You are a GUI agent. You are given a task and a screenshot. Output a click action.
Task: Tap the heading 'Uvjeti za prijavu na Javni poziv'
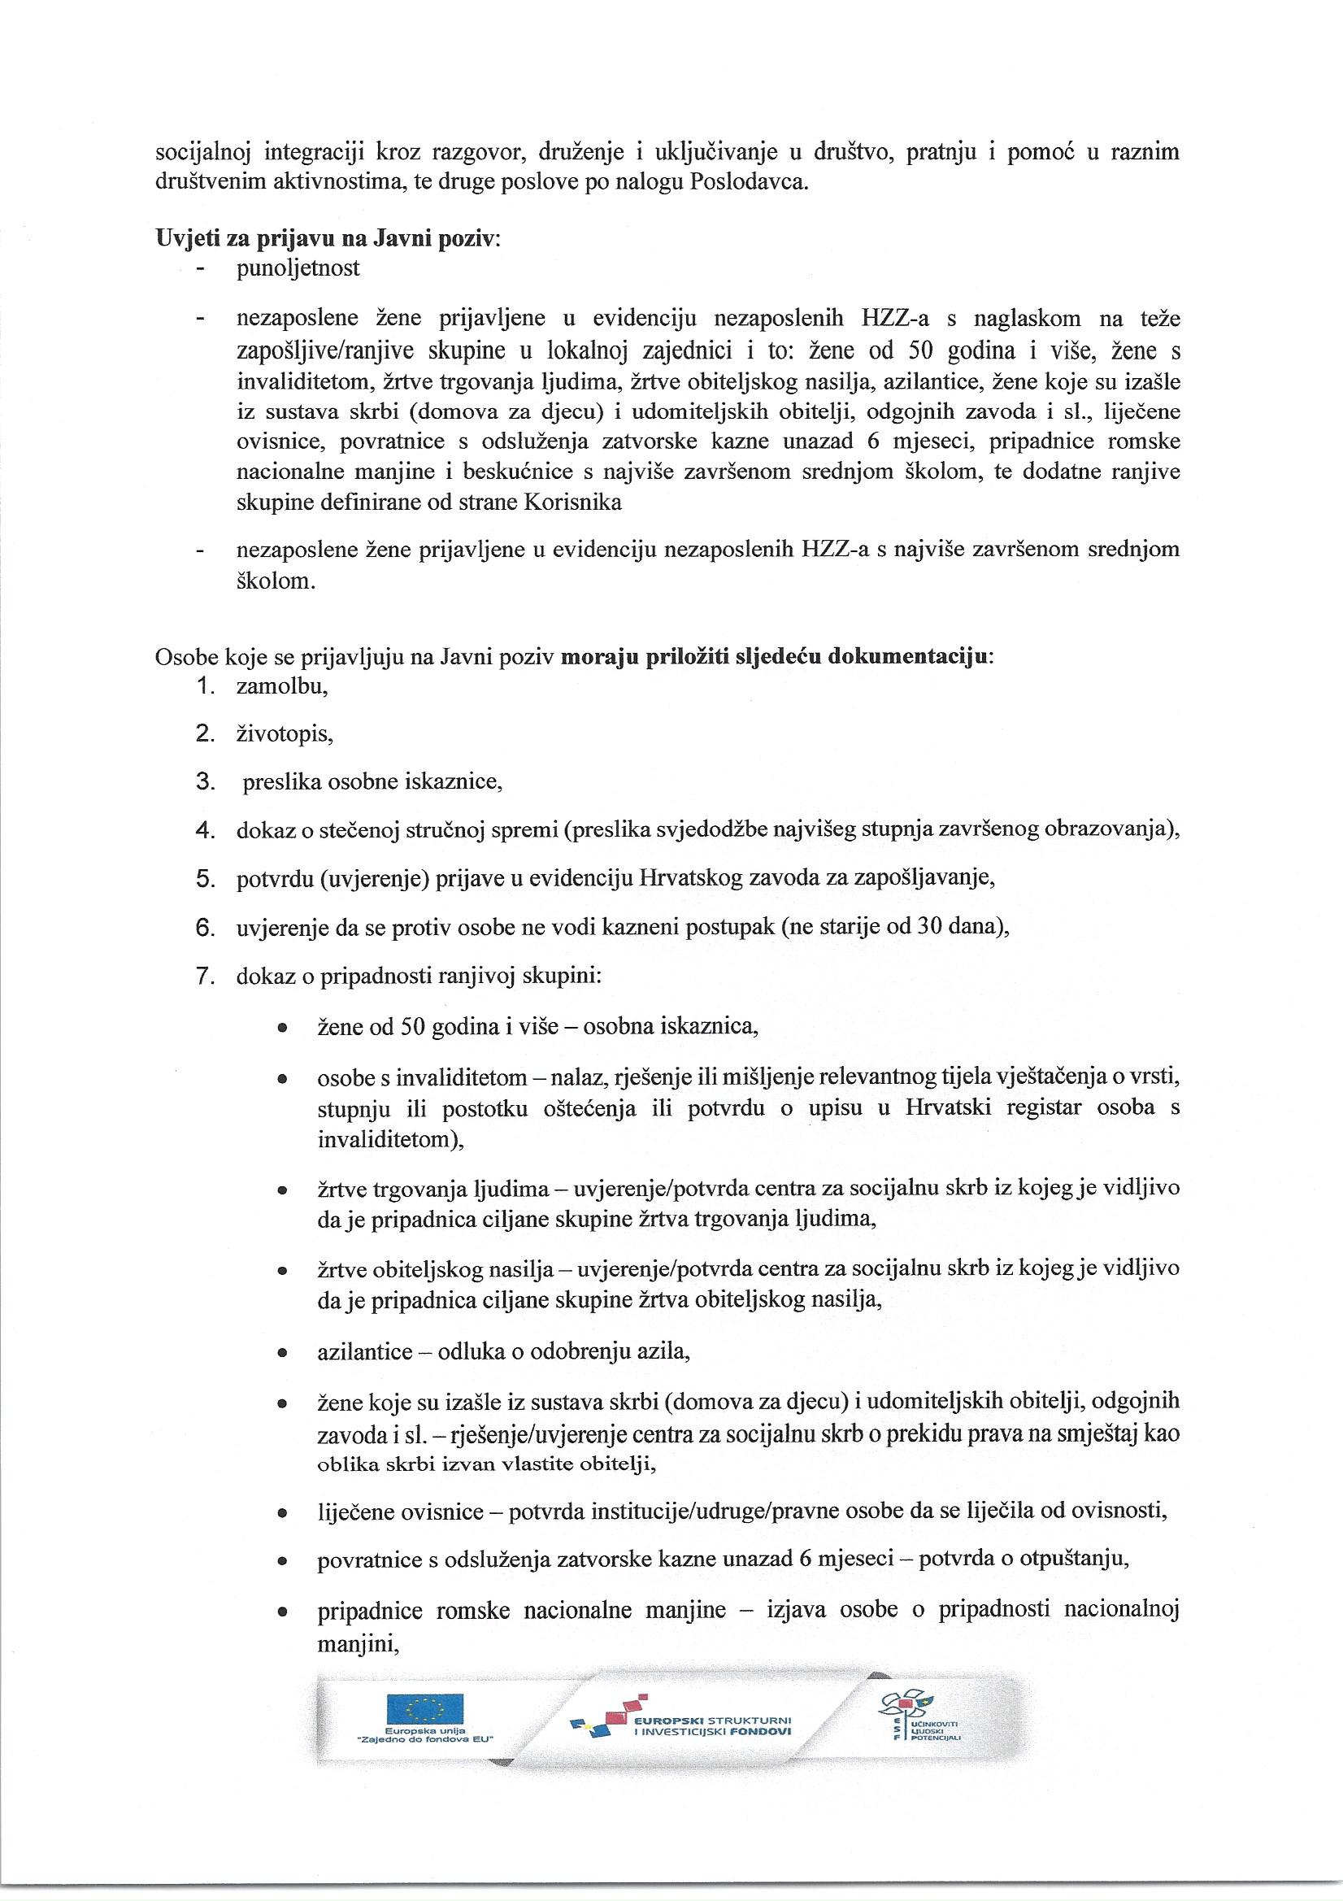327,239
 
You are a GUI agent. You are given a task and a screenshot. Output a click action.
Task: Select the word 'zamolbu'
281,685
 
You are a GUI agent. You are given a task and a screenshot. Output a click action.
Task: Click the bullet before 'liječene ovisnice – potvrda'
282,1512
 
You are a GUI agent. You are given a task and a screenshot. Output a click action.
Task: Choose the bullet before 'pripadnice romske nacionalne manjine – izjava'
282,1612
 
